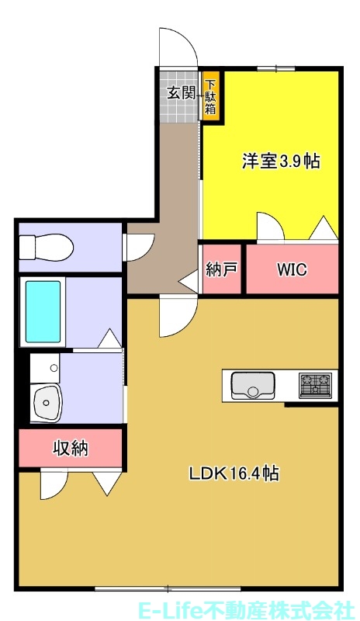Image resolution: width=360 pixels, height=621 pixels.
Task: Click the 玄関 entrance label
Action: coord(179,93)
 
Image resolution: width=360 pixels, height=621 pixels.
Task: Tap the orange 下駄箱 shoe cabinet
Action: coord(211,96)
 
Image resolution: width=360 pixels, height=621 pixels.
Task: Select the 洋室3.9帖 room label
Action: coord(282,161)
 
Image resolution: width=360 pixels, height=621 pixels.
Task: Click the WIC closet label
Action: coord(292,270)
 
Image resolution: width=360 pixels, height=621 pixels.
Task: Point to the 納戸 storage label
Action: coord(220,271)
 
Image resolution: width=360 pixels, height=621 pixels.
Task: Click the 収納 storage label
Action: coord(70,448)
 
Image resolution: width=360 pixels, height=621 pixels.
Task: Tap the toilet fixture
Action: coord(47,248)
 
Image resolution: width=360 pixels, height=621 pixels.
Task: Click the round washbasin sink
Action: coord(49,402)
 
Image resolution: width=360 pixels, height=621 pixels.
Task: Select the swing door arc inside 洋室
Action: coord(268,225)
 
